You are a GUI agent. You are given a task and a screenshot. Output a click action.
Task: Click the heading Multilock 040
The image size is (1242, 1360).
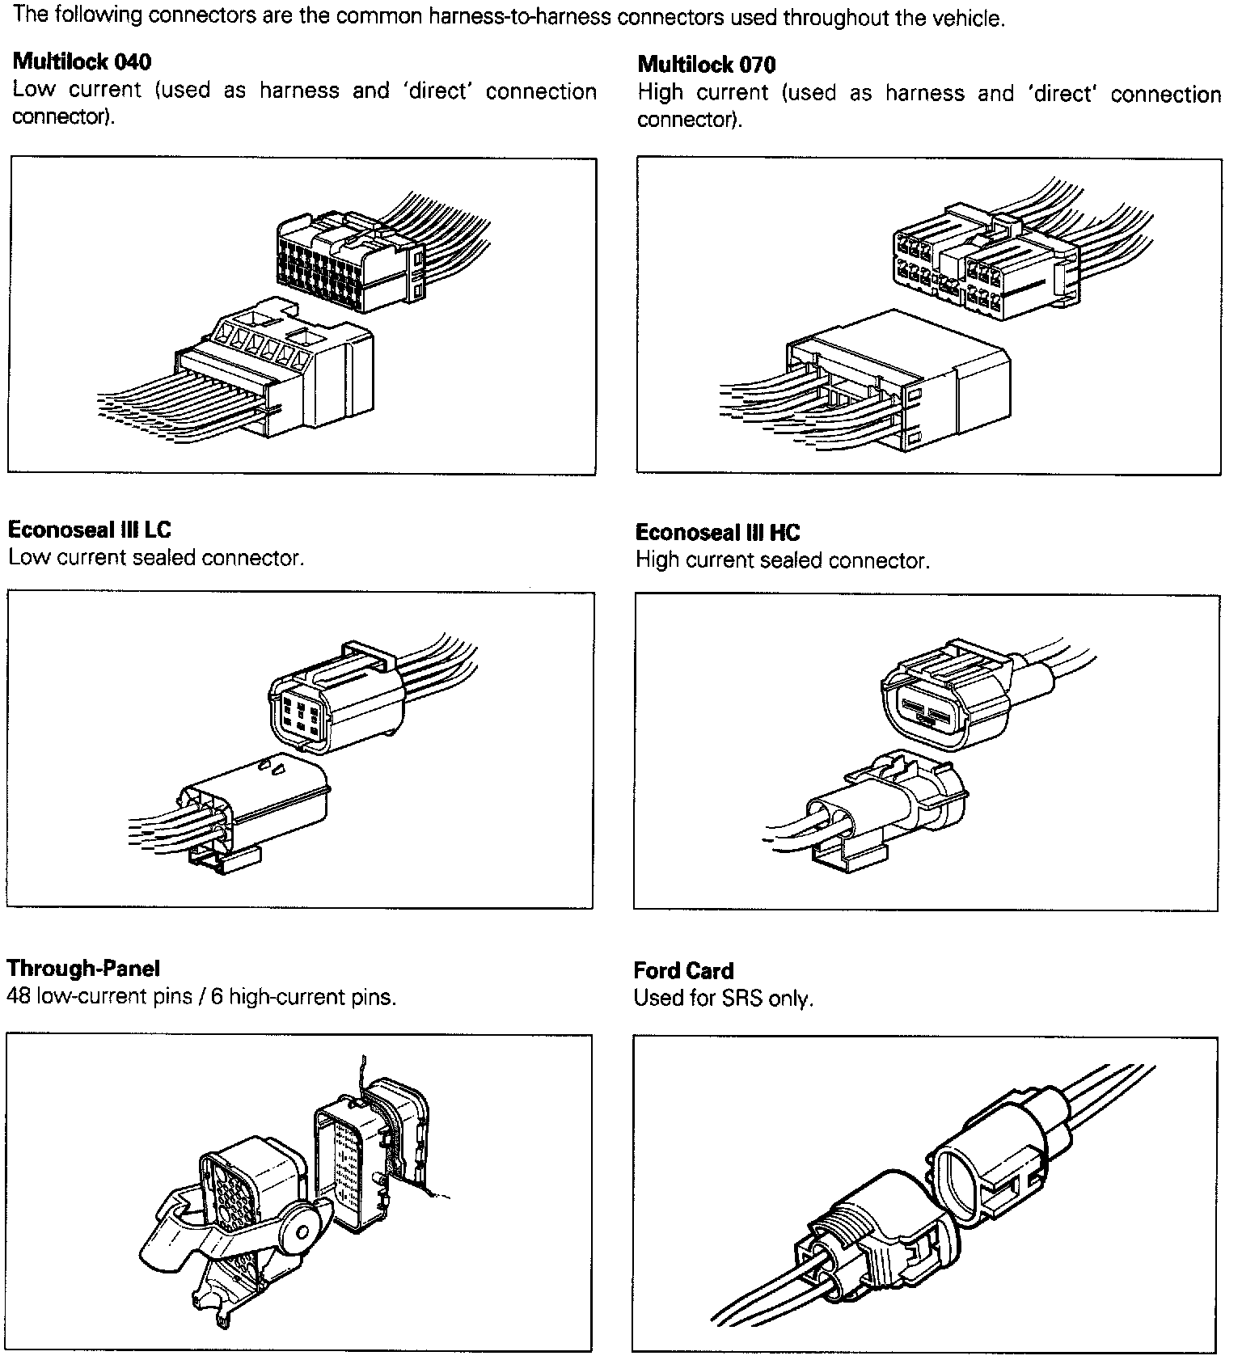click(82, 61)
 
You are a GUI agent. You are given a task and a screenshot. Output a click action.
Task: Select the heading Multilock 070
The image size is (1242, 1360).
click(707, 65)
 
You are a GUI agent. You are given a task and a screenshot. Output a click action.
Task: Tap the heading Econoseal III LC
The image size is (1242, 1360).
click(90, 530)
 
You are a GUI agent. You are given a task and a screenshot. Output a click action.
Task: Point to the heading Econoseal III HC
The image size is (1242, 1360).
click(717, 532)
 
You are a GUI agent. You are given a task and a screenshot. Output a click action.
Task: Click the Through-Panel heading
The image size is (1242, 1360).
click(83, 968)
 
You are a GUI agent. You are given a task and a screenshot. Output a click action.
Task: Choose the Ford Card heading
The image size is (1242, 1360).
click(683, 970)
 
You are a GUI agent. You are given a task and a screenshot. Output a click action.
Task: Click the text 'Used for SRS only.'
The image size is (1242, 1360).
click(723, 999)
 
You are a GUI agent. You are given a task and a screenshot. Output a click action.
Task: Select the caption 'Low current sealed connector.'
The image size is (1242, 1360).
click(156, 558)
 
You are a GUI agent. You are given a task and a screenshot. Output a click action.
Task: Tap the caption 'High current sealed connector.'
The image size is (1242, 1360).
click(783, 560)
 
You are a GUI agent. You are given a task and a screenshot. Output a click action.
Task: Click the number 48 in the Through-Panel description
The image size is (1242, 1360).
click(18, 996)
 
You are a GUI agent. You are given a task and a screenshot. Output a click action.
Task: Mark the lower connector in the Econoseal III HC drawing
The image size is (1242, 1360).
click(889, 809)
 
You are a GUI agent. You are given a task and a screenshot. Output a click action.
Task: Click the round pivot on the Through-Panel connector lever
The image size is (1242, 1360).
click(302, 1233)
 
